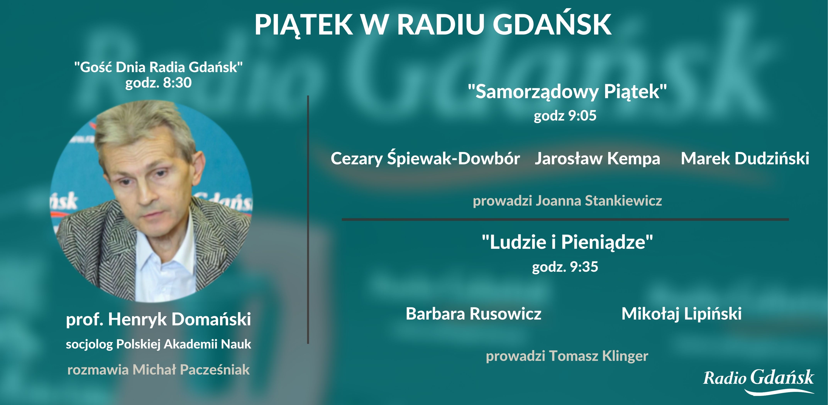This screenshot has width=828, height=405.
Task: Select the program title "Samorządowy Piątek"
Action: click(567, 92)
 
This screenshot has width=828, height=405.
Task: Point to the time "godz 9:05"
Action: click(565, 116)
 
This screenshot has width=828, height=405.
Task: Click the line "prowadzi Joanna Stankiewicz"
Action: click(567, 201)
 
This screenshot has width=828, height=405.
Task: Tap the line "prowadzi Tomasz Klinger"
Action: click(567, 356)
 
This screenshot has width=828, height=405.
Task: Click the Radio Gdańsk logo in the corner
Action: click(759, 381)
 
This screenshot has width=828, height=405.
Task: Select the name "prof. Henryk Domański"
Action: click(158, 319)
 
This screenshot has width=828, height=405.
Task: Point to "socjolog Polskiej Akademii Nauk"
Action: click(158, 344)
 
